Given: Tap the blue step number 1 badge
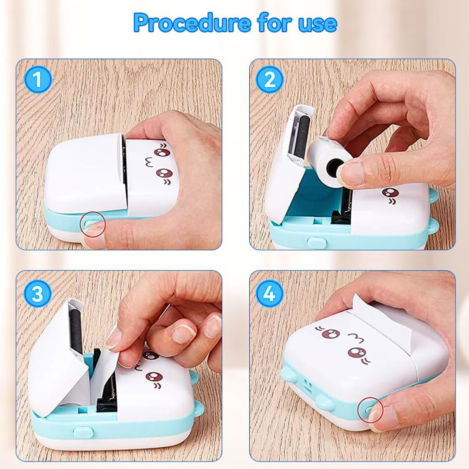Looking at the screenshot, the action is point(38,79).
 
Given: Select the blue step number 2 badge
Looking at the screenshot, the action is point(270,79).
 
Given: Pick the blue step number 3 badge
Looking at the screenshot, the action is point(37,293).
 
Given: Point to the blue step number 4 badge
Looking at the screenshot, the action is point(270,293).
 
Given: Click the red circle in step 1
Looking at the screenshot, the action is point(93,225).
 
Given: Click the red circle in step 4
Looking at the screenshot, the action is point(370,410).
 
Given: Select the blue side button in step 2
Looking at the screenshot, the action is point(317,242).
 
